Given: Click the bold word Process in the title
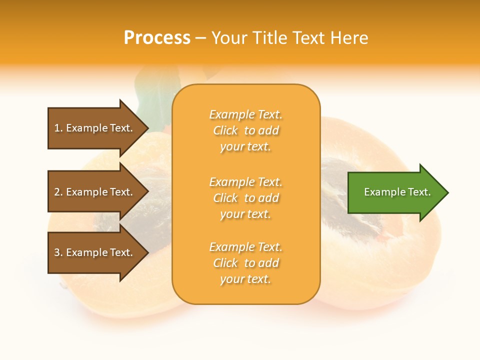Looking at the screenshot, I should pyautogui.click(x=157, y=38).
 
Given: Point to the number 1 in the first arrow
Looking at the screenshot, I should pyautogui.click(x=57, y=128).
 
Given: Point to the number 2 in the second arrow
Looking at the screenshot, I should pyautogui.click(x=57, y=192).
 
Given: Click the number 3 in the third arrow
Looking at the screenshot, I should pyautogui.click(x=57, y=252).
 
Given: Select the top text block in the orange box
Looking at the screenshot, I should pyautogui.click(x=246, y=130).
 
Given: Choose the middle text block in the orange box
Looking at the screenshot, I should pyautogui.click(x=246, y=198).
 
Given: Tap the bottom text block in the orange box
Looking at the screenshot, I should pyautogui.click(x=246, y=263).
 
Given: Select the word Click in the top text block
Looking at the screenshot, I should pyautogui.click(x=225, y=130).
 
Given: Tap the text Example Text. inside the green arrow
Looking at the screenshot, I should pyautogui.click(x=397, y=192).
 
